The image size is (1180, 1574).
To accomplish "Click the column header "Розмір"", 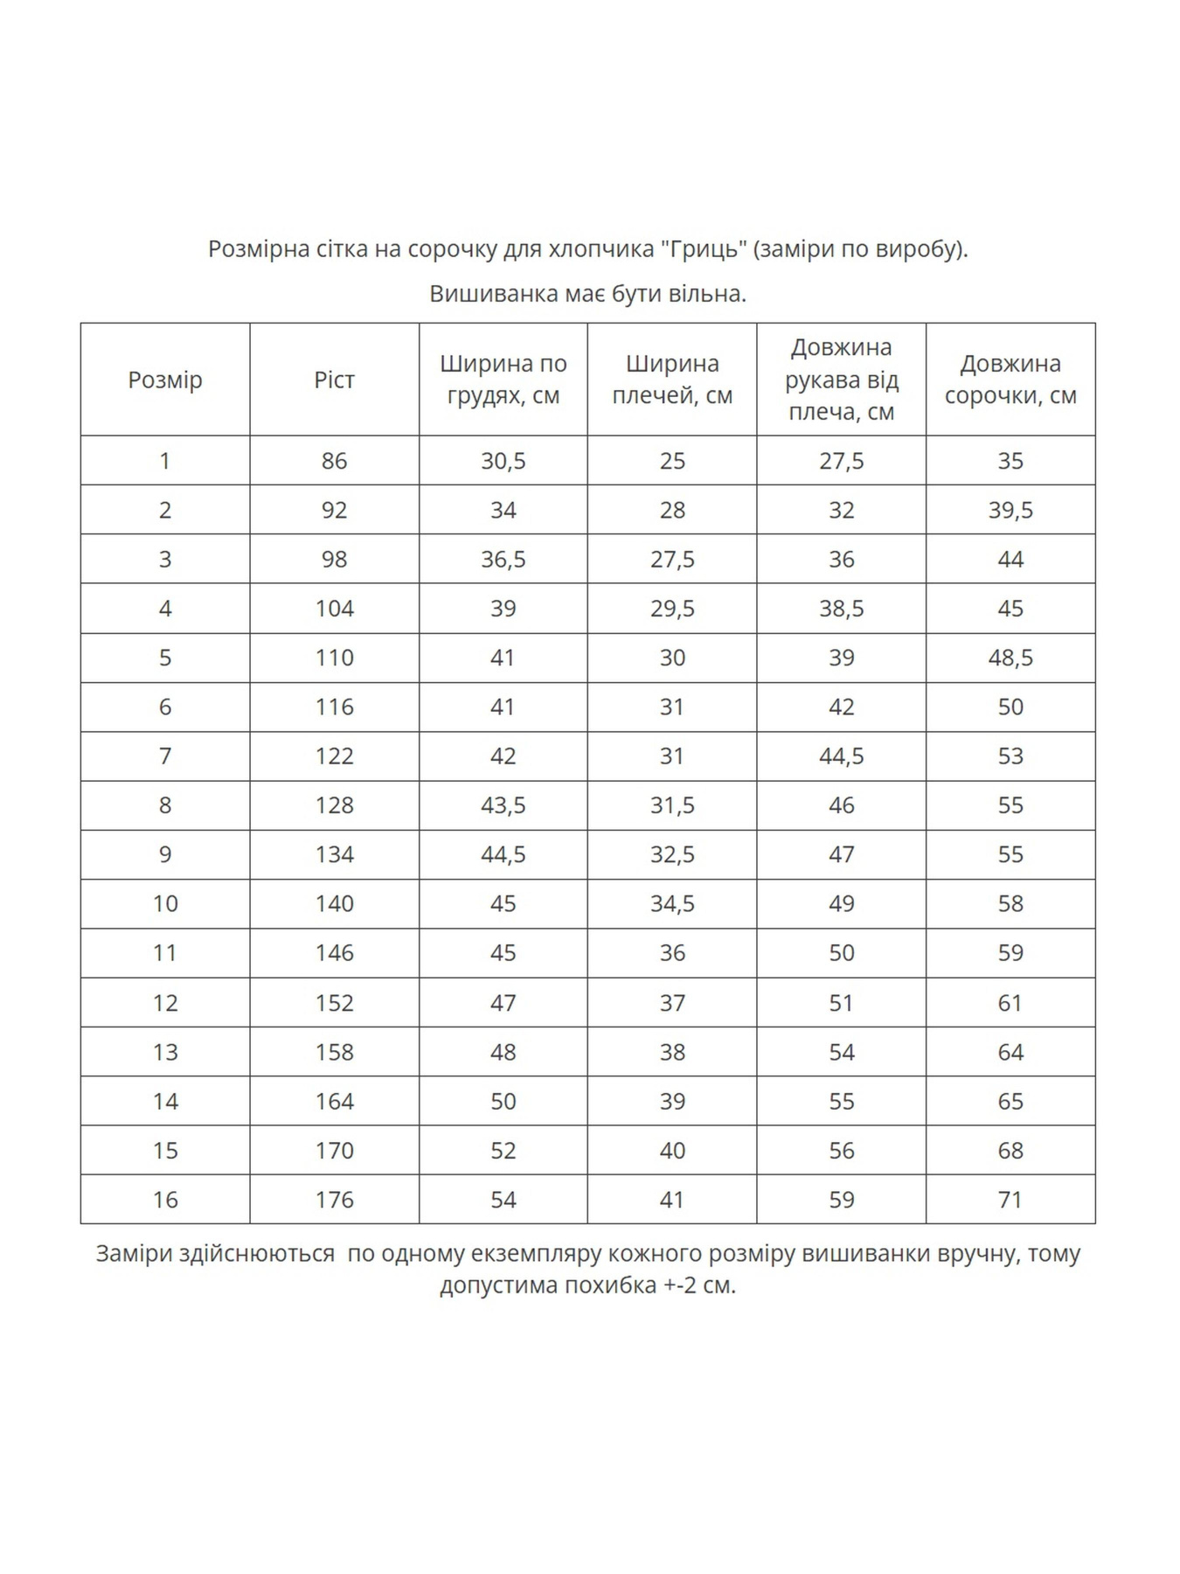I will coord(164,380).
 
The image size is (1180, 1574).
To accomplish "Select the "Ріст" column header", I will coord(334,380).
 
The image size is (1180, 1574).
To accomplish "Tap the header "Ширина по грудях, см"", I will coord(503,380).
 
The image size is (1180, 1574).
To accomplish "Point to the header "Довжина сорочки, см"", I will coord(1010,380).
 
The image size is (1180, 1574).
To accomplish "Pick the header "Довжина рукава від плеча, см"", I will coord(841,380).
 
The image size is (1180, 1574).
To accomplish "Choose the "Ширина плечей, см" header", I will coord(671,380).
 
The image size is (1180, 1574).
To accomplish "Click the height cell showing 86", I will coord(334,461).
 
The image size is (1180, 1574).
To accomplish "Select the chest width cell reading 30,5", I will coord(503,461).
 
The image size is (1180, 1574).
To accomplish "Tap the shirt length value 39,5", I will coord(1010,510).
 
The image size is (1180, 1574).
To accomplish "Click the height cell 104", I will coord(334,609).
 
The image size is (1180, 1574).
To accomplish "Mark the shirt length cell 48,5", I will coord(1010,658).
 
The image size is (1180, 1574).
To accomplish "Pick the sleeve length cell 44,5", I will coord(841,756).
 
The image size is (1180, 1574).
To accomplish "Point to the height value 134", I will coord(334,854).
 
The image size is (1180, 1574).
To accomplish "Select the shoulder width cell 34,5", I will coord(671,903).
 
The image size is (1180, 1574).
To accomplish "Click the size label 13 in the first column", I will coord(164,1052).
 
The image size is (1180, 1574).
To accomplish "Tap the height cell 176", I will coord(334,1200).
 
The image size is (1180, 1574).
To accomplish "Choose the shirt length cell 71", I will coord(1010,1200).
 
